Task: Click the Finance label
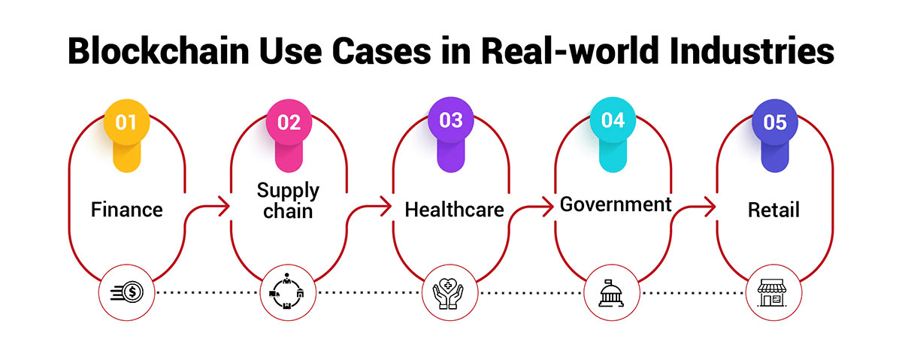(126, 210)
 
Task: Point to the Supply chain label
(289, 201)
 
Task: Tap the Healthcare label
(454, 210)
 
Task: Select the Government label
(616, 204)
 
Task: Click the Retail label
(773, 210)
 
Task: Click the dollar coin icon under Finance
(126, 291)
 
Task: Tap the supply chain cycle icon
(289, 291)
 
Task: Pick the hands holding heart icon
(451, 291)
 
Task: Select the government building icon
(613, 291)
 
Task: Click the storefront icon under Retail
(774, 291)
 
